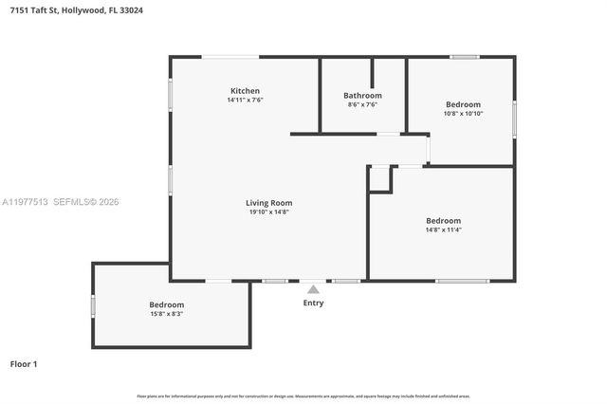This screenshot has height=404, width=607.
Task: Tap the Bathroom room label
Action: click(x=362, y=95)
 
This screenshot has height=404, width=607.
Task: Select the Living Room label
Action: click(x=268, y=202)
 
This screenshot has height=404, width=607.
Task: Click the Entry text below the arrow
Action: click(x=313, y=303)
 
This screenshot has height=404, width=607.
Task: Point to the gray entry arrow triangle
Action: click(x=313, y=289)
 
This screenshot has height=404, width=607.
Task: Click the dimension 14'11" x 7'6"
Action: click(x=244, y=100)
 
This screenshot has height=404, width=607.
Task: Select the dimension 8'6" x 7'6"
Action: click(x=362, y=104)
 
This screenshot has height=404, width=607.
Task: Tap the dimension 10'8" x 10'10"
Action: click(x=463, y=114)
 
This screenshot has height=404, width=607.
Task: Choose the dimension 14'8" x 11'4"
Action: click(x=443, y=230)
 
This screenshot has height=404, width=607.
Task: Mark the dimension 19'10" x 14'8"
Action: click(x=268, y=211)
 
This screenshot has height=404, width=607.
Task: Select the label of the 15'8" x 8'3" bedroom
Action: click(x=166, y=304)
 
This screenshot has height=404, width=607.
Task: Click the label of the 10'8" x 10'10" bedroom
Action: click(x=463, y=104)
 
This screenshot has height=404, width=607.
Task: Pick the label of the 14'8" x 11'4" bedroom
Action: click(x=443, y=220)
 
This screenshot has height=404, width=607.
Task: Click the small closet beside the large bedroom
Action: click(x=379, y=178)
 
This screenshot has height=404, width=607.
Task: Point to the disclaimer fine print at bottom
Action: click(x=303, y=395)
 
